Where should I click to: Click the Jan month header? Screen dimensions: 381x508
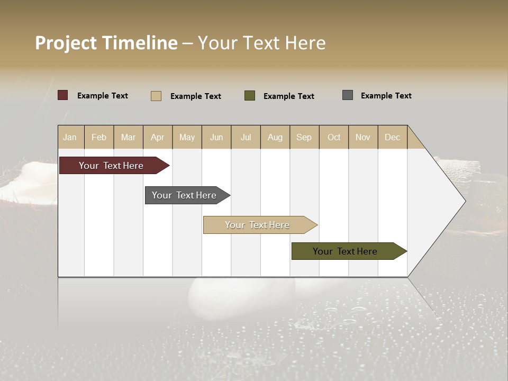(70, 137)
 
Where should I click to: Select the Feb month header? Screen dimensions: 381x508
(99, 137)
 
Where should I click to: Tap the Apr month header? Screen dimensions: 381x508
(157, 137)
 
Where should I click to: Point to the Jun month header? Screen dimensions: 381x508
(216, 137)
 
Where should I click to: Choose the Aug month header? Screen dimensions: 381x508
(275, 137)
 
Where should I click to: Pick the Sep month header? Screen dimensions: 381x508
(304, 137)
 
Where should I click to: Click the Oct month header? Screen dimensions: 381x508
(334, 137)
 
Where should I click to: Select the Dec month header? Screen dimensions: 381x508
(392, 137)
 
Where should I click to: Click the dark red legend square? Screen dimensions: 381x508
(63, 95)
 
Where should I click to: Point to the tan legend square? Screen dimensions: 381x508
(156, 96)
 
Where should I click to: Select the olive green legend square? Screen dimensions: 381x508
(250, 96)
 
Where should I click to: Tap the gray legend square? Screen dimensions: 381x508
(348, 95)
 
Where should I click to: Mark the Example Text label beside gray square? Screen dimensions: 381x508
(386, 96)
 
